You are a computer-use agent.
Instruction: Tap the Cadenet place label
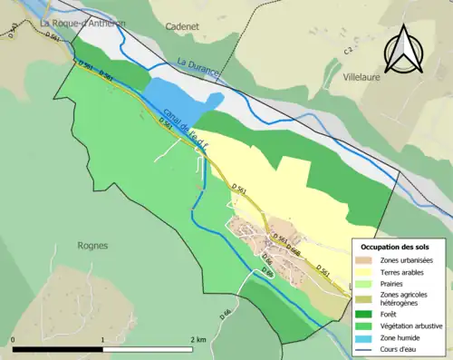(x=181, y=27)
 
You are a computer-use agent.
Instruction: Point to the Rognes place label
(x=92, y=245)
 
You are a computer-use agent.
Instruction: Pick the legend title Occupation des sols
(x=395, y=247)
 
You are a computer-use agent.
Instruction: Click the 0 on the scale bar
(x=14, y=339)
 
